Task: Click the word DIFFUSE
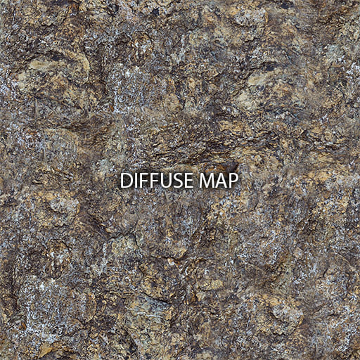157,181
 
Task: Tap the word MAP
218,181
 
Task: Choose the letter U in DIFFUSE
165,181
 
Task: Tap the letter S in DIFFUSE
177,181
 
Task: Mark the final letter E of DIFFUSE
188,181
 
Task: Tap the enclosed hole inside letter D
127,181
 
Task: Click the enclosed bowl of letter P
234,177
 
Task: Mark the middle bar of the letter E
187,181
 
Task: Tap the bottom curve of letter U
165,188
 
